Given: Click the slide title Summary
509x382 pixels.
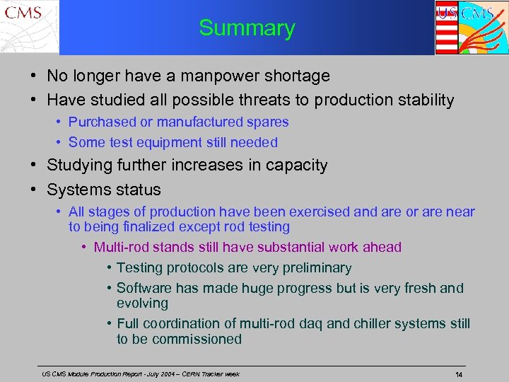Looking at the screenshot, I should point(247,28).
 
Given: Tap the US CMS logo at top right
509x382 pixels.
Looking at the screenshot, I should point(469,27).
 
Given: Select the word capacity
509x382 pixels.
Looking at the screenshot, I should point(296,166).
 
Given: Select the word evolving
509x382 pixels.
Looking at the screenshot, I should point(142,303).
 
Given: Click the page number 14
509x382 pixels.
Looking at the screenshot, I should point(459,374).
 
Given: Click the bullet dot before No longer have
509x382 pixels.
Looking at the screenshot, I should point(33,76).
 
